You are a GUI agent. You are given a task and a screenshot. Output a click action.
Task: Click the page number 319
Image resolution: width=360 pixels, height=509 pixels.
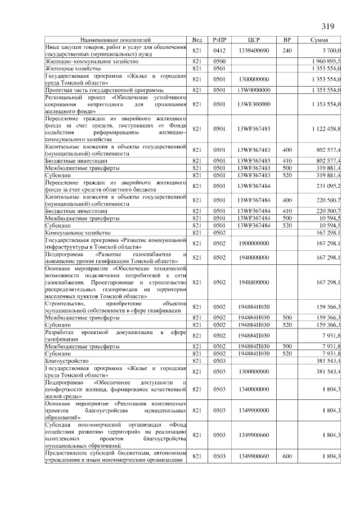327,26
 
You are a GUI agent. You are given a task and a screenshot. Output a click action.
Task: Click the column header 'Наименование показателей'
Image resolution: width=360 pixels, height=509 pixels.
115,40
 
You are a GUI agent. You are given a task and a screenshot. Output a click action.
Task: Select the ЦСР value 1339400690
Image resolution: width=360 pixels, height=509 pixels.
254,51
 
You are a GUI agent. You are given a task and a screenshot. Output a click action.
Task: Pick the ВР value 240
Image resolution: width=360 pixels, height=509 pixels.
287,51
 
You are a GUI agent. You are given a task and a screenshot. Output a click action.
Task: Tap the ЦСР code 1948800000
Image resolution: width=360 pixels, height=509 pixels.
254,282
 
